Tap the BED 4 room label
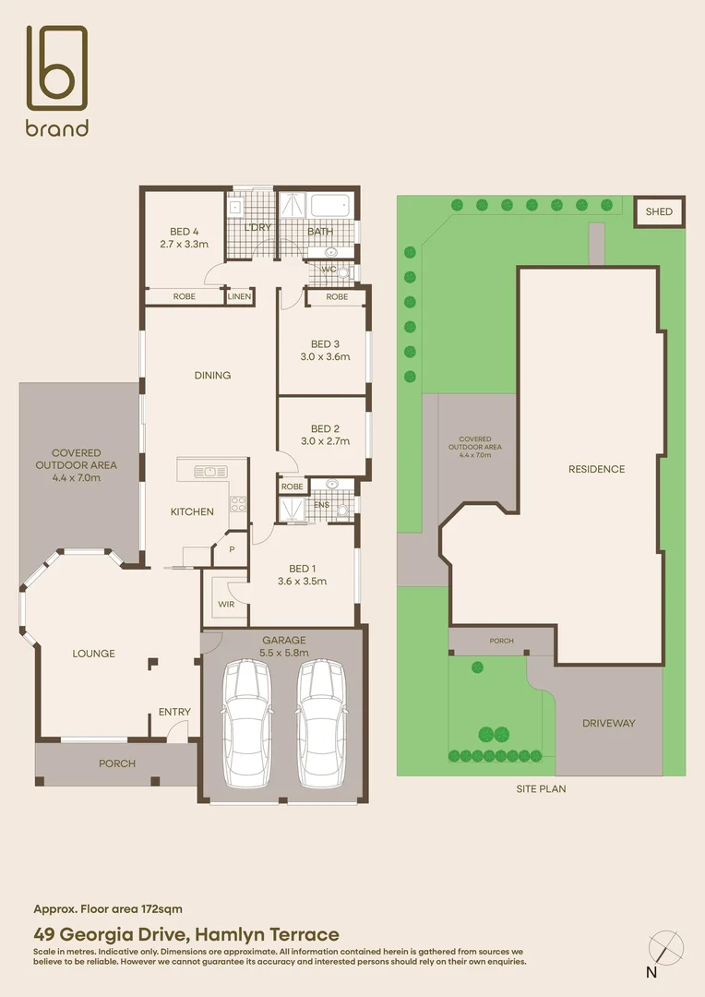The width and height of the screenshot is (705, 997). point(184,232)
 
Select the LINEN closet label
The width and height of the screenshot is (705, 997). point(240,297)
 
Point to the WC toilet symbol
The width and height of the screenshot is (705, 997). point(343,271)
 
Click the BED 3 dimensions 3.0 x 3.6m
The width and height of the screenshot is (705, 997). point(325,356)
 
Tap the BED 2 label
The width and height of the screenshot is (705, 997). point(325,428)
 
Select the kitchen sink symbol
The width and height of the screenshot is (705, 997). point(211,472)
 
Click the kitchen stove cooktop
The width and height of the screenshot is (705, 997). point(237,504)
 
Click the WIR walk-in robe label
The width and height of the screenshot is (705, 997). point(225,605)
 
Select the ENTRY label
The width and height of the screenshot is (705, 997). point(174,712)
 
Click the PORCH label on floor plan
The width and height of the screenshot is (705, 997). point(116,763)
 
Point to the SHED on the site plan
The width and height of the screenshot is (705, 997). point(659,212)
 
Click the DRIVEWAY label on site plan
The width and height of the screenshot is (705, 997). point(608,723)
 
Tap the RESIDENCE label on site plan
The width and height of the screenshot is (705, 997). point(596,469)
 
